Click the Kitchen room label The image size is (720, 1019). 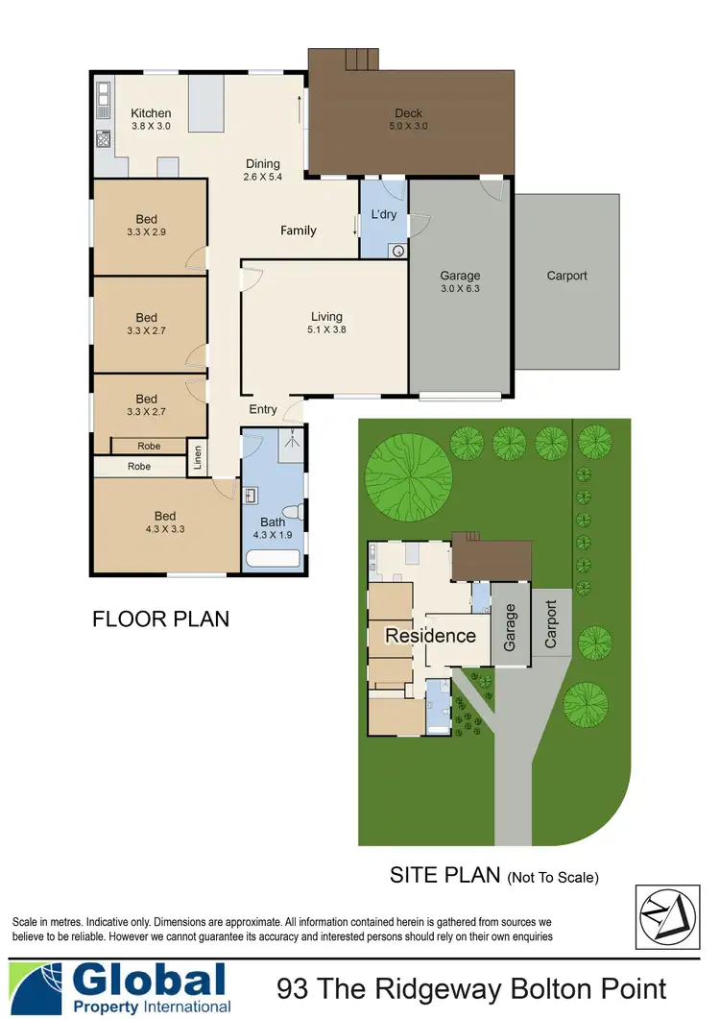[x=151, y=113]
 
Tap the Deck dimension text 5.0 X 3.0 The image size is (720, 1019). [x=408, y=126]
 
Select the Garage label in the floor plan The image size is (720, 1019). [x=460, y=276]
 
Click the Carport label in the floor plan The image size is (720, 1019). [x=566, y=276]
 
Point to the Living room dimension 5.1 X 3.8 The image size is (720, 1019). [x=326, y=329]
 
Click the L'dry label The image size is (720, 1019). [x=384, y=215]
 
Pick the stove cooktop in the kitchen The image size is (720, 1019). [x=103, y=138]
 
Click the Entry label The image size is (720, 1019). [x=263, y=409]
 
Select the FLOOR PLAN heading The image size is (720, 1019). [x=160, y=619]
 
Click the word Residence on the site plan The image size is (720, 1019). [x=430, y=636]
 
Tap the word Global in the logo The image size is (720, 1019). [x=149, y=981]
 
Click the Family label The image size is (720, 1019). [x=298, y=230]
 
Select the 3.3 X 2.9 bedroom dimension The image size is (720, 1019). [x=146, y=231]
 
